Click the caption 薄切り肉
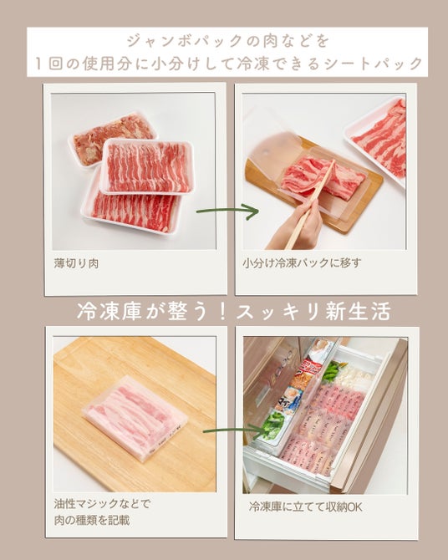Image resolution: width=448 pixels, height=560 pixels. [76, 263]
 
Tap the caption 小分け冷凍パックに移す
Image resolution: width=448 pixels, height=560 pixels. [302, 263]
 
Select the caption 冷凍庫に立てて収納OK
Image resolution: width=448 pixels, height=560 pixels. [305, 507]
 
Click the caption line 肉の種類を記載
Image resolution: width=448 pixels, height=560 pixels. [92, 520]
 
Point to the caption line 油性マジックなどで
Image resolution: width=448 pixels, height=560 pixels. [102, 503]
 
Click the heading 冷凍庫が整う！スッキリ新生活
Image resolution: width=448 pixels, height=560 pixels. [234, 312]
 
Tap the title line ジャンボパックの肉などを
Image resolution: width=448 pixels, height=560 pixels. [228, 41]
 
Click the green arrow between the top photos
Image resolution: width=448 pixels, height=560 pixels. [227, 211]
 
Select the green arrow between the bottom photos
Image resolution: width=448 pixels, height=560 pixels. [234, 431]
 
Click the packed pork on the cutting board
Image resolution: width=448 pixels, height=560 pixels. [135, 416]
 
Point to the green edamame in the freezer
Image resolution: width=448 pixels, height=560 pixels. [333, 371]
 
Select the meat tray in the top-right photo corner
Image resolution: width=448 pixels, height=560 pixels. [377, 141]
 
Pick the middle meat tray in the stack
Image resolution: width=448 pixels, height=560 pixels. [147, 166]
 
